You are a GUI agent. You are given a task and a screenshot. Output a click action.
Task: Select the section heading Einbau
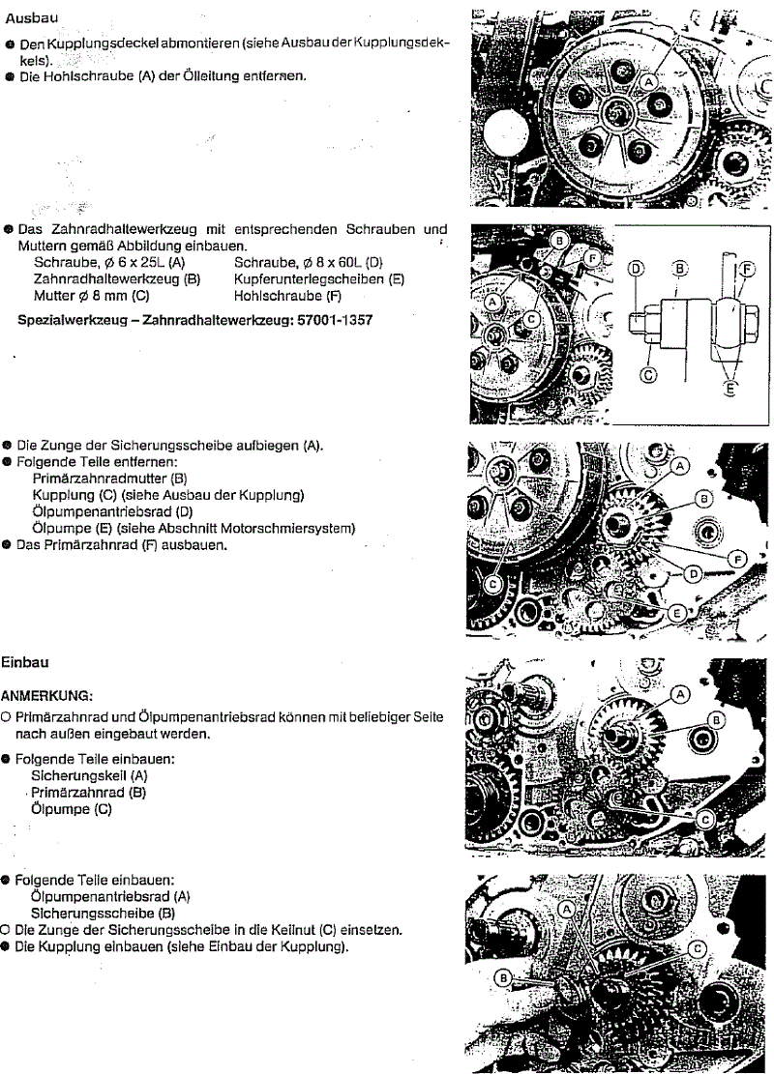[x=26, y=663]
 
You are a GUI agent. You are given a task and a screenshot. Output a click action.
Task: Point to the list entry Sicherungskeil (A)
[x=90, y=775]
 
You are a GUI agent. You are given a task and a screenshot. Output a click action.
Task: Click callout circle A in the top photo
[x=648, y=85]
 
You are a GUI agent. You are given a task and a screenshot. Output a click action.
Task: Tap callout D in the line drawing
[x=636, y=268]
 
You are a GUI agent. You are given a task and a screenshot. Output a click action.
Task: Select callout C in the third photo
[x=492, y=584]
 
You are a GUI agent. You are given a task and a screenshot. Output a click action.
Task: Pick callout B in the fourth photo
[x=717, y=721]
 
